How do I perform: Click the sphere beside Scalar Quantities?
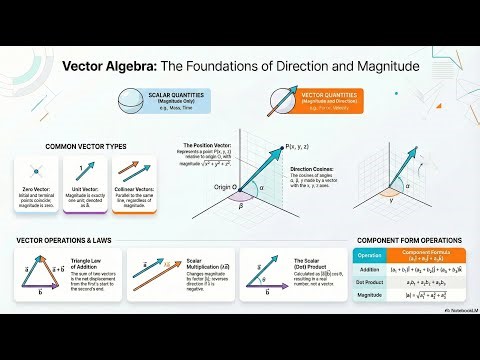click(129, 103)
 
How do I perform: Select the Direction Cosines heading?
click(311, 170)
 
